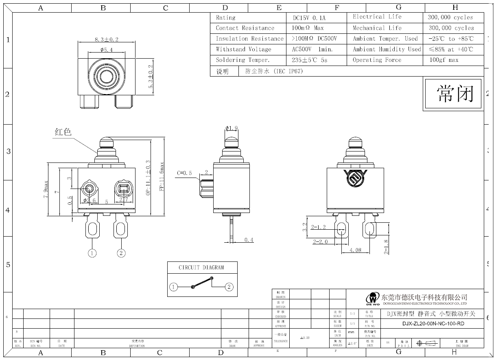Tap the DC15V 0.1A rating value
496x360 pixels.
pos(309,18)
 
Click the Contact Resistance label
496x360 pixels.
pos(245,28)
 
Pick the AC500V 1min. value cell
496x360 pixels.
pos(312,49)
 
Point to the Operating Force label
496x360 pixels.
pos(377,60)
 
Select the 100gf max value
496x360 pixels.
pos(444,60)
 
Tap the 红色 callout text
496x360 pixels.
pos(63,132)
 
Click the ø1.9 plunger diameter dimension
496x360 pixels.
pos(232,129)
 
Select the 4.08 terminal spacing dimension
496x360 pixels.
pos(355,250)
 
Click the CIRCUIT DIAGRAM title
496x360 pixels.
pos(201,268)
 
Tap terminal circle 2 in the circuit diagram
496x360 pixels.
pos(229,287)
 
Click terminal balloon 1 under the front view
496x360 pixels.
pos(92,253)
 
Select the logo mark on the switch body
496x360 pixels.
pos(356,179)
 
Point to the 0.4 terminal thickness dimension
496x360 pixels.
pos(249,240)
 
